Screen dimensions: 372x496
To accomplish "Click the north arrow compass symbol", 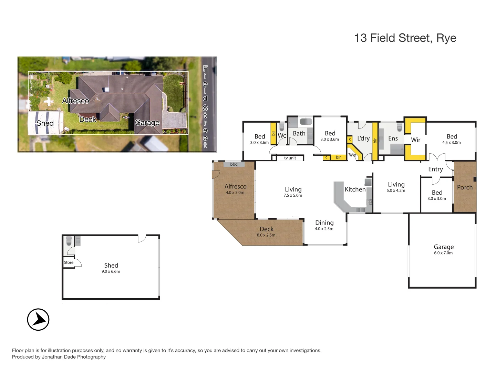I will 38,319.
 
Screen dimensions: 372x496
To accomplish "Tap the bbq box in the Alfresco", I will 234,164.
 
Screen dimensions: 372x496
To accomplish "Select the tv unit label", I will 290,158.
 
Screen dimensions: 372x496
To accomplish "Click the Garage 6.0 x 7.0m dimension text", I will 443,253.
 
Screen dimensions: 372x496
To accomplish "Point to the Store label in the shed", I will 69,262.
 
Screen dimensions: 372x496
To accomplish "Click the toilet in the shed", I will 69,241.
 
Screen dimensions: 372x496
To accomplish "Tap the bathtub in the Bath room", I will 306,121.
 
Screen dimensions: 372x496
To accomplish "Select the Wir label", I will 415,140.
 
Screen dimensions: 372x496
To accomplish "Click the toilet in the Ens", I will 400,127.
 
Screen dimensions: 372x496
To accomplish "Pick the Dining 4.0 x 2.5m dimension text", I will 324,229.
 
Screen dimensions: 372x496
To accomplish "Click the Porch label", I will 465,187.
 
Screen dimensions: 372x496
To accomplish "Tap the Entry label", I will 435,169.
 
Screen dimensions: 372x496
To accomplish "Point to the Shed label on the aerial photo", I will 45,123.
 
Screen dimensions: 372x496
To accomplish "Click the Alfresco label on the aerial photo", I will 75,101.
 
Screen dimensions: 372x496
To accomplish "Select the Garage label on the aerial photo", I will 147,123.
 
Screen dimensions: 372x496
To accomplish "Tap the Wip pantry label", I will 353,155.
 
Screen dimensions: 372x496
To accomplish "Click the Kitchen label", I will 355,189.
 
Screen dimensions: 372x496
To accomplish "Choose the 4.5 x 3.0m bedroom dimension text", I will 451,143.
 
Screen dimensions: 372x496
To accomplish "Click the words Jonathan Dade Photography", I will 74,357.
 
